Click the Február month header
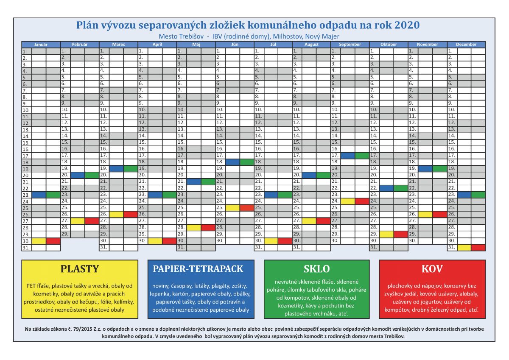pyautogui.click(x=80, y=44)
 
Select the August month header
pyautogui.click(x=311, y=44)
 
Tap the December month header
pyautogui.click(x=466, y=44)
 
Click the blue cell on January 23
pyautogui.click(x=39, y=195)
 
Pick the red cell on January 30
pyautogui.click(x=53, y=241)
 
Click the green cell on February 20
pyautogui.click(x=92, y=175)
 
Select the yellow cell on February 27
pyautogui.click(x=78, y=220)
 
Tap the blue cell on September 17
pyautogui.click(x=347, y=156)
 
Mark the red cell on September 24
pyautogui.click(x=362, y=201)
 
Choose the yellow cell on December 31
pyautogui.click(x=464, y=247)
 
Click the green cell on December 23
pyautogui.click(x=478, y=195)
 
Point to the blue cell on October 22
pyautogui.click(x=386, y=188)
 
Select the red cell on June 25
pyautogui.click(x=246, y=208)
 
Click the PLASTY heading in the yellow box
pyautogui.click(x=80, y=269)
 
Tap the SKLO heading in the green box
pyautogui.click(x=316, y=269)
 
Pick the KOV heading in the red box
pyautogui.click(x=432, y=269)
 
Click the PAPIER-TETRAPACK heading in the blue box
pyautogui.click(x=198, y=269)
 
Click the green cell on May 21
pyautogui.click(x=208, y=181)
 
